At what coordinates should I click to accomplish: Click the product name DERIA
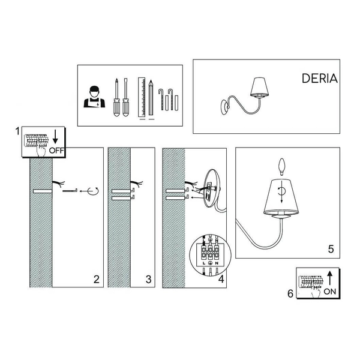[x=320, y=79]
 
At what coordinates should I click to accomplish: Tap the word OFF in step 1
[x=57, y=151]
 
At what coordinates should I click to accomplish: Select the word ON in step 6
[x=330, y=292]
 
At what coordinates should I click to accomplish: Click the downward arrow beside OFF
[x=55, y=136]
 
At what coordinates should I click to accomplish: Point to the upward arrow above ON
[x=329, y=278]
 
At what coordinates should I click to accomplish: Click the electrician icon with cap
[x=94, y=97]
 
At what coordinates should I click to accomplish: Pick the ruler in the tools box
[x=142, y=97]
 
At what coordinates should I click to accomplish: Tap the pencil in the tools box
[x=151, y=98]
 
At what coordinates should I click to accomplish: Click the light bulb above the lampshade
[x=281, y=167]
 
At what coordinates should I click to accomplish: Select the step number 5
[x=331, y=249]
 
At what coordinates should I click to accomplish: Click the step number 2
[x=97, y=279]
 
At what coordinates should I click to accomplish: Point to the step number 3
[x=149, y=279]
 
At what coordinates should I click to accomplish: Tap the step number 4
[x=221, y=279]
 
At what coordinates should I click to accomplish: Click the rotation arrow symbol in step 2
[x=93, y=191]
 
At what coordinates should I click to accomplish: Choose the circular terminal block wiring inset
[x=210, y=254]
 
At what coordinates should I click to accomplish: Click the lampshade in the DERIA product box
[x=259, y=87]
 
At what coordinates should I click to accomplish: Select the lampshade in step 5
[x=281, y=197]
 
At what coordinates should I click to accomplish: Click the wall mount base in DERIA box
[x=224, y=107]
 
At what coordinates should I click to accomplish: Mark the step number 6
[x=290, y=293]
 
